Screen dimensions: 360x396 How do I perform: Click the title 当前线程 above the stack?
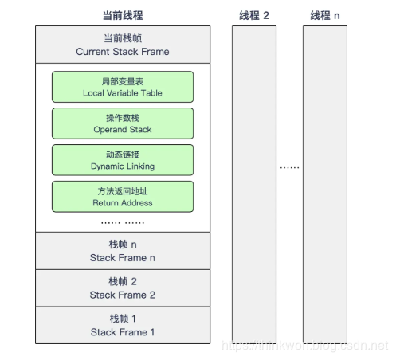(x=123, y=15)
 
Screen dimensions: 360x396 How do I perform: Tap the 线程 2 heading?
(x=254, y=15)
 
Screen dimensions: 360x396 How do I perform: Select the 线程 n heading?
(x=325, y=15)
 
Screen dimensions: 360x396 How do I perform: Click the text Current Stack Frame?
(x=123, y=52)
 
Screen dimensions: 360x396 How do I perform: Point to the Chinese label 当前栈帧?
(x=123, y=38)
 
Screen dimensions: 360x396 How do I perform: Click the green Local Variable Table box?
(x=123, y=87)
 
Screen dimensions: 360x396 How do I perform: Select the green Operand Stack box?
(x=123, y=123)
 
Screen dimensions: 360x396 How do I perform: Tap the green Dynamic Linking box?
(x=123, y=160)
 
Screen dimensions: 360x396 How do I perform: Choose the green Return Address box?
(x=123, y=196)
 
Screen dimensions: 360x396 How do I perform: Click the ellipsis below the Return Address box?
(x=123, y=221)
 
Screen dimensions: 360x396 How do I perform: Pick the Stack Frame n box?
(x=123, y=251)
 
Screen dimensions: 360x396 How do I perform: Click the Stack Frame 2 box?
(x=123, y=288)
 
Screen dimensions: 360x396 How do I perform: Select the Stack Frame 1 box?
(x=123, y=325)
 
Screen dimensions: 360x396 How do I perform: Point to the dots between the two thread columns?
(x=289, y=167)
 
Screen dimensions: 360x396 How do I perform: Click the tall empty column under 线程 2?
(x=254, y=183)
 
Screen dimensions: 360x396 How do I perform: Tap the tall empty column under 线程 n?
(x=325, y=183)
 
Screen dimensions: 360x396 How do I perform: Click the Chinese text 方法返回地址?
(x=123, y=190)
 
